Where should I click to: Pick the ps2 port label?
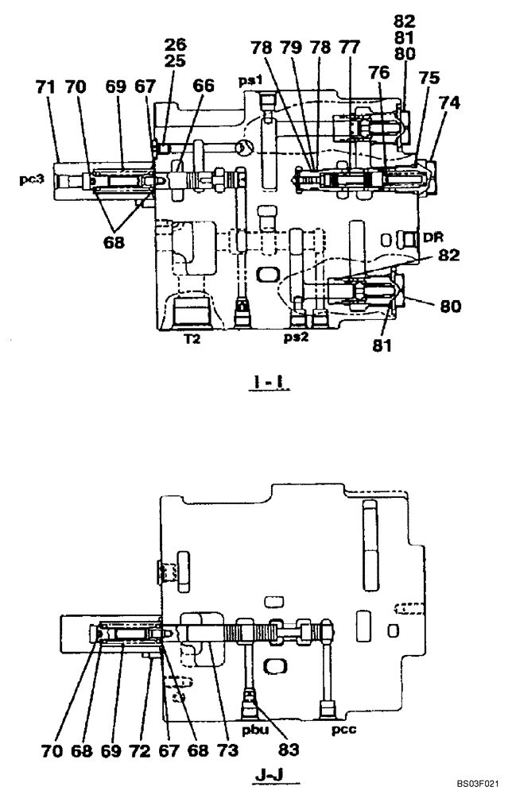(x=295, y=336)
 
